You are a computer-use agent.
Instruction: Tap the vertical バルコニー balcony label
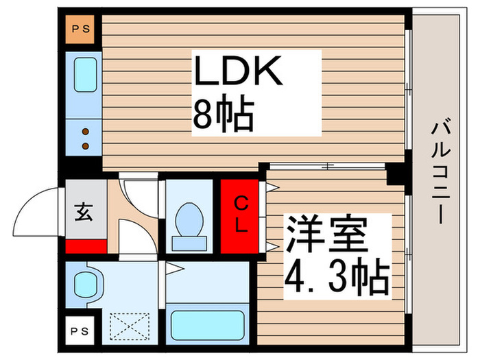(442, 171)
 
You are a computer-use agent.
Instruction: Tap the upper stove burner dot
(86, 132)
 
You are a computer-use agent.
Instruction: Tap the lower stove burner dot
(86, 145)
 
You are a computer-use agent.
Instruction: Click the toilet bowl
(186, 219)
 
